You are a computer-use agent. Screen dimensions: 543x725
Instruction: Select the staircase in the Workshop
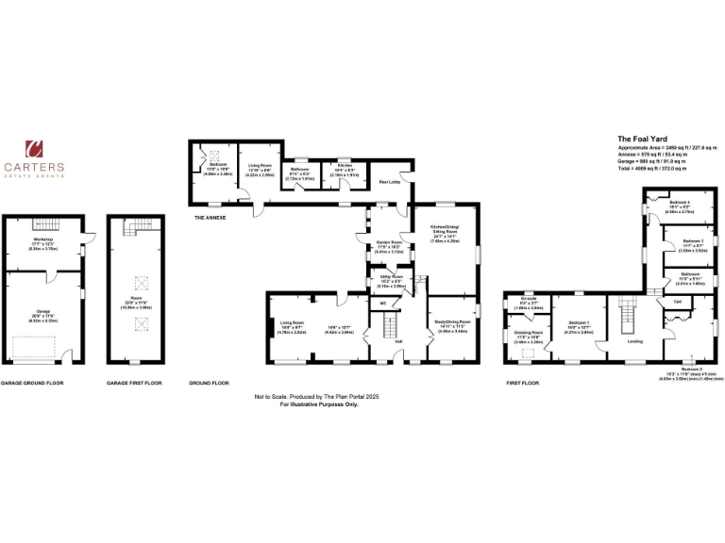tap(43, 223)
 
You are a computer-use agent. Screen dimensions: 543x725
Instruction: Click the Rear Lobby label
tap(390, 183)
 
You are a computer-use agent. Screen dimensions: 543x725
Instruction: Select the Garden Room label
tap(389, 248)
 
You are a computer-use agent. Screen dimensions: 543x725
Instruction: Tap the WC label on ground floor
tap(383, 303)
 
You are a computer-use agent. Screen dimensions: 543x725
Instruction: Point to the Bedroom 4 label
tap(680, 204)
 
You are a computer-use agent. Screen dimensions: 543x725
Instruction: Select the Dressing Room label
tap(528, 334)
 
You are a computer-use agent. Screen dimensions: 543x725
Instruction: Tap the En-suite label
tap(527, 299)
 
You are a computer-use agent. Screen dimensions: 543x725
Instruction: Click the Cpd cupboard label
tap(677, 302)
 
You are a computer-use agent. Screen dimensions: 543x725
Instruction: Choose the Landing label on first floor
tap(635, 341)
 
